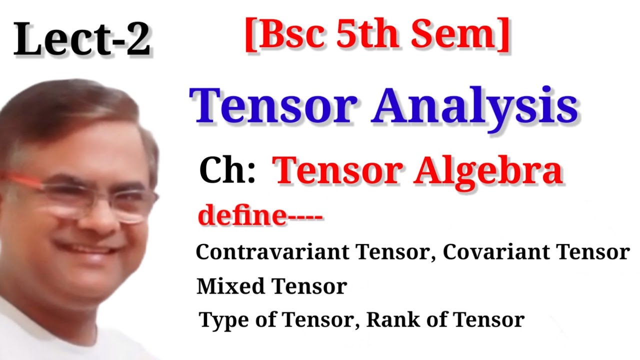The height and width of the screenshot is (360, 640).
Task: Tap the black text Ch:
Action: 227,170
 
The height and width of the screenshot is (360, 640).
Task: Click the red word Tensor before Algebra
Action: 339,170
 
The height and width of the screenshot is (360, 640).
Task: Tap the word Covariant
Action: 495,252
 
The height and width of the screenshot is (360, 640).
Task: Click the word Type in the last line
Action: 225,320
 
